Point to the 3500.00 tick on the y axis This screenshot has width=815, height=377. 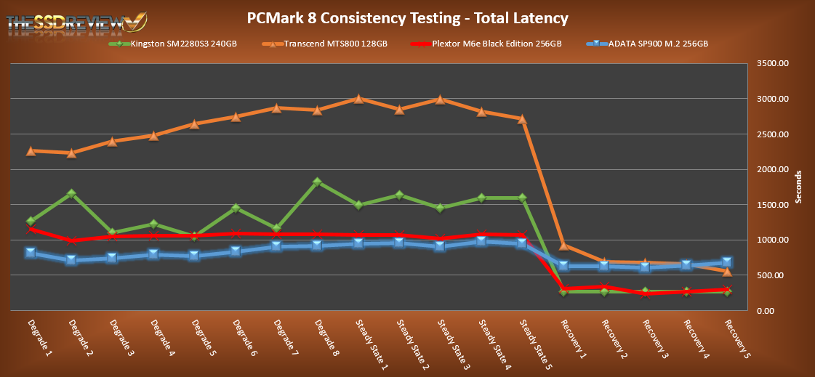(772, 64)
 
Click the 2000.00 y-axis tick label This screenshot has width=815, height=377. (772, 170)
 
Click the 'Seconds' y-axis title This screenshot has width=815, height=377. (798, 187)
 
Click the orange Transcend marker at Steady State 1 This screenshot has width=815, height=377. (358, 99)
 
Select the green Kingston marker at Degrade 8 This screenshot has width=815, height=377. (318, 182)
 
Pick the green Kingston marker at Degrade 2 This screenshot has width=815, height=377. (71, 194)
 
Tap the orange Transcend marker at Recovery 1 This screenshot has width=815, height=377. (563, 246)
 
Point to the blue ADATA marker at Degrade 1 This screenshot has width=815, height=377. (31, 253)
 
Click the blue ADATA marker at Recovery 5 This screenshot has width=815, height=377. (727, 262)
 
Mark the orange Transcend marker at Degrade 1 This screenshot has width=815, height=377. (31, 151)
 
